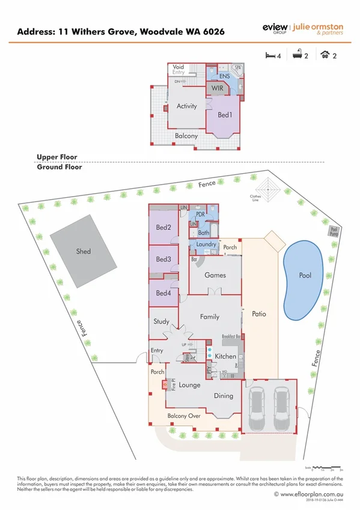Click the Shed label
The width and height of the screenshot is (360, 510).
[x=84, y=251]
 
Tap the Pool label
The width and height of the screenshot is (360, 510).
[x=305, y=275]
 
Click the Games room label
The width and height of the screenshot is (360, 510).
[x=215, y=275]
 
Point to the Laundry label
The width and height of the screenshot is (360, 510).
[x=206, y=245]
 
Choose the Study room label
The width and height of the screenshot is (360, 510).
[x=162, y=322]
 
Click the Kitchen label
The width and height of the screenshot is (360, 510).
[x=225, y=356]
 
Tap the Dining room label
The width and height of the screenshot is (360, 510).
[x=224, y=396]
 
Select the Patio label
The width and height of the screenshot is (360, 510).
[x=259, y=314]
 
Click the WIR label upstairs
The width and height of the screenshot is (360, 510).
[x=216, y=88]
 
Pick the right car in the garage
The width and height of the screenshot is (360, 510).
[x=281, y=407]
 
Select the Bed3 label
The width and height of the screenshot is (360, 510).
[x=163, y=259]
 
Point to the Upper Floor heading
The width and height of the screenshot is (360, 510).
[x=56, y=157]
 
